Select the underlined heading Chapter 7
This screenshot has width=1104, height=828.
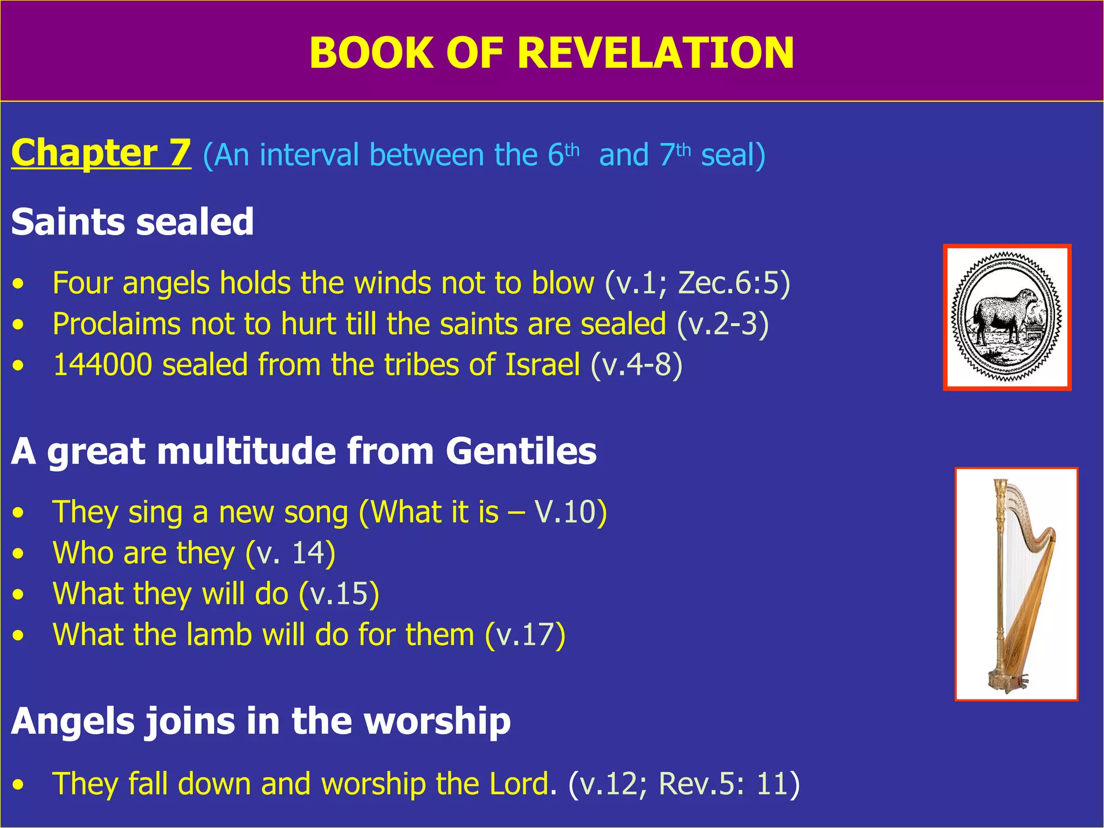[x=101, y=153]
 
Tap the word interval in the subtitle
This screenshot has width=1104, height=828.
[x=309, y=155]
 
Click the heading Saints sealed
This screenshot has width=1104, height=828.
[x=132, y=222]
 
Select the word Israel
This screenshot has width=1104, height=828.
[x=542, y=365]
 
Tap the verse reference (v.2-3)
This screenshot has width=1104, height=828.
[x=722, y=324]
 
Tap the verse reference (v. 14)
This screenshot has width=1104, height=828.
[x=290, y=553]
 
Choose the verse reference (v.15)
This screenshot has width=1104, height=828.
[x=339, y=594]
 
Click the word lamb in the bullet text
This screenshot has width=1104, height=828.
[x=219, y=635]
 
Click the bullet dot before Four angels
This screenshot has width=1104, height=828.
[x=19, y=284]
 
